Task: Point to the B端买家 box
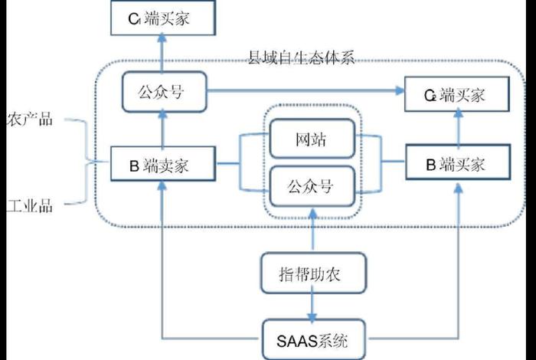(x=456, y=163)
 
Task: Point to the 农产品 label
(x=28, y=120)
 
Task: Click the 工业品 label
(x=28, y=205)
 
